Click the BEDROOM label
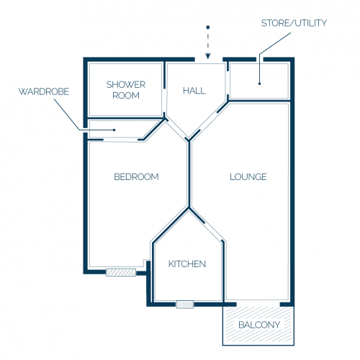pyautogui.click(x=136, y=177)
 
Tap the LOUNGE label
pyautogui.click(x=248, y=177)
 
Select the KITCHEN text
pyautogui.click(x=187, y=264)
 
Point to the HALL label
pyautogui.click(x=194, y=91)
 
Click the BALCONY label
pyautogui.click(x=259, y=325)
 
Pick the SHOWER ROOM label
pyautogui.click(x=126, y=90)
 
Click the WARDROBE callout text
pyautogui.click(x=44, y=91)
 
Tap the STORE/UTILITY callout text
pyautogui.click(x=294, y=23)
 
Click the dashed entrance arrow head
pyautogui.click(x=208, y=56)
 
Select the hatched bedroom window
pyautogui.click(x=121, y=272)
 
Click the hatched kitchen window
pyautogui.click(x=185, y=305)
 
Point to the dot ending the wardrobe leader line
pyautogui.click(x=114, y=130)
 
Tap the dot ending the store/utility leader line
pyautogui.click(x=259, y=84)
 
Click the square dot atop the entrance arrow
pyautogui.click(x=208, y=27)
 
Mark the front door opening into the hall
pyautogui.click(x=209, y=60)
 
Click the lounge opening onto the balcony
pyautogui.click(x=258, y=305)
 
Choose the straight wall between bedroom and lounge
pyautogui.click(x=189, y=174)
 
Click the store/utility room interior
pyautogui.click(x=259, y=81)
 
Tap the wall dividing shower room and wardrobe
pyautogui.click(x=126, y=118)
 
